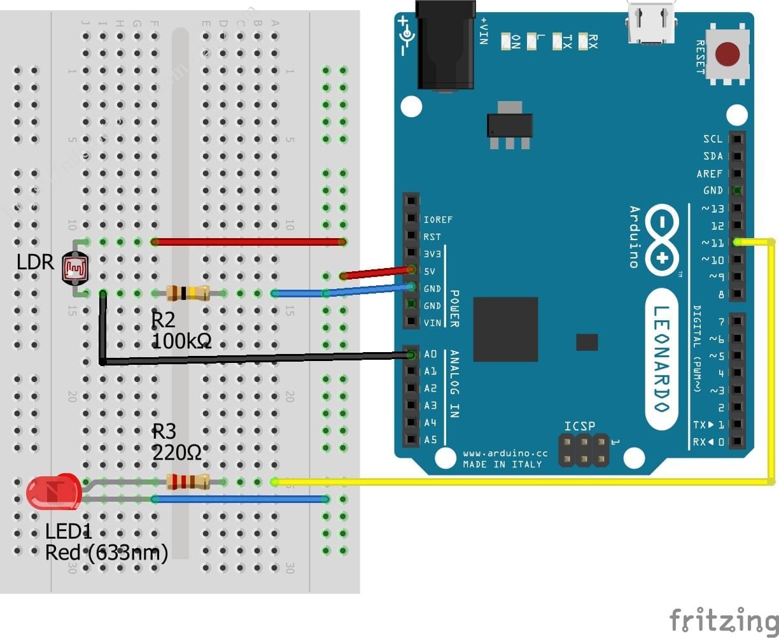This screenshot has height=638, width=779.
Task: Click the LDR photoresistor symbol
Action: coord(75,267)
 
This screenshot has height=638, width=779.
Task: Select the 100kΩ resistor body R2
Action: coord(188,293)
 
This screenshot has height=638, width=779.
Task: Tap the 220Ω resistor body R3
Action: coord(188,482)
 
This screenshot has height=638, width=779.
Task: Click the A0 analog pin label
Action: coord(431,354)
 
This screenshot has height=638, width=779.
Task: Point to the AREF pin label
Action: coord(709,173)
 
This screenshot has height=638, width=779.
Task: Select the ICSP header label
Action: coord(579,426)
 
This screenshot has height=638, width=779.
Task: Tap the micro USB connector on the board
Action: coord(651,22)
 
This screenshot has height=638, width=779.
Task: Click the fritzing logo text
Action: coord(723,619)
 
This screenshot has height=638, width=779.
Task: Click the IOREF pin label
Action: coord(438,220)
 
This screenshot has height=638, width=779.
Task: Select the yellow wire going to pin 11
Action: coord(772,363)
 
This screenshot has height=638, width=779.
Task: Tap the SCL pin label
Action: coord(713,139)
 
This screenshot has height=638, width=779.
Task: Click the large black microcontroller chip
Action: coord(505,329)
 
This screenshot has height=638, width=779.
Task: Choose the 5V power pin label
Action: coord(429,271)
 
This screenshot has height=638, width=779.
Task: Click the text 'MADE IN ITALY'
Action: coord(502,464)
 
